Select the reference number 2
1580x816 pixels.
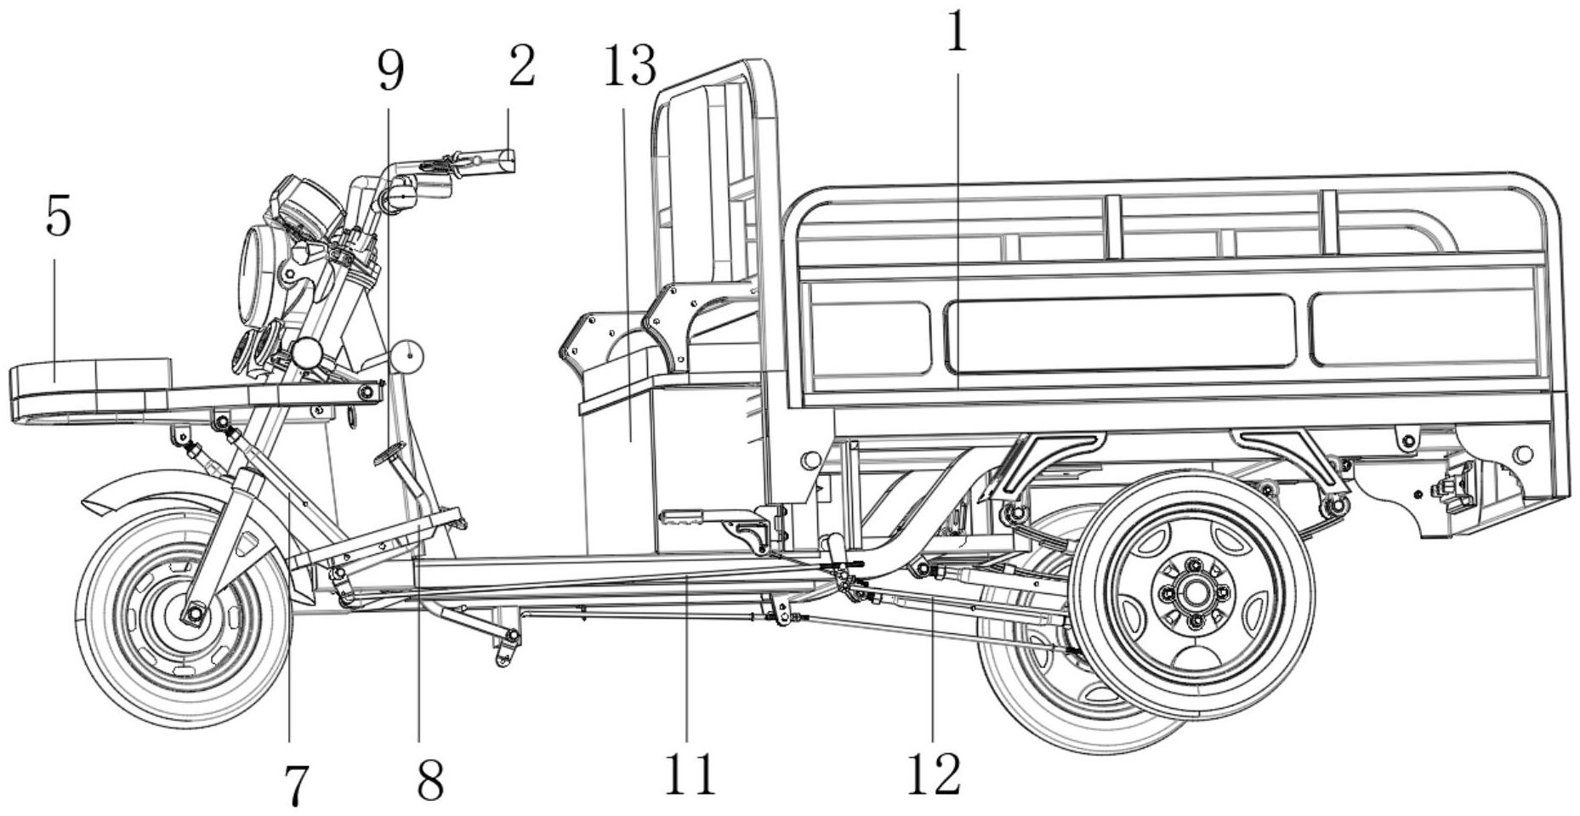point(522,66)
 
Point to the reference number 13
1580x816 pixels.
point(630,66)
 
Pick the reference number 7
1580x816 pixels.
point(294,786)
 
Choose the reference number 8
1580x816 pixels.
point(430,780)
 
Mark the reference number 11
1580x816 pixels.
point(690,773)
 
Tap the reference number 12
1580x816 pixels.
point(934,773)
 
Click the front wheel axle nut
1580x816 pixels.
point(195,612)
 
